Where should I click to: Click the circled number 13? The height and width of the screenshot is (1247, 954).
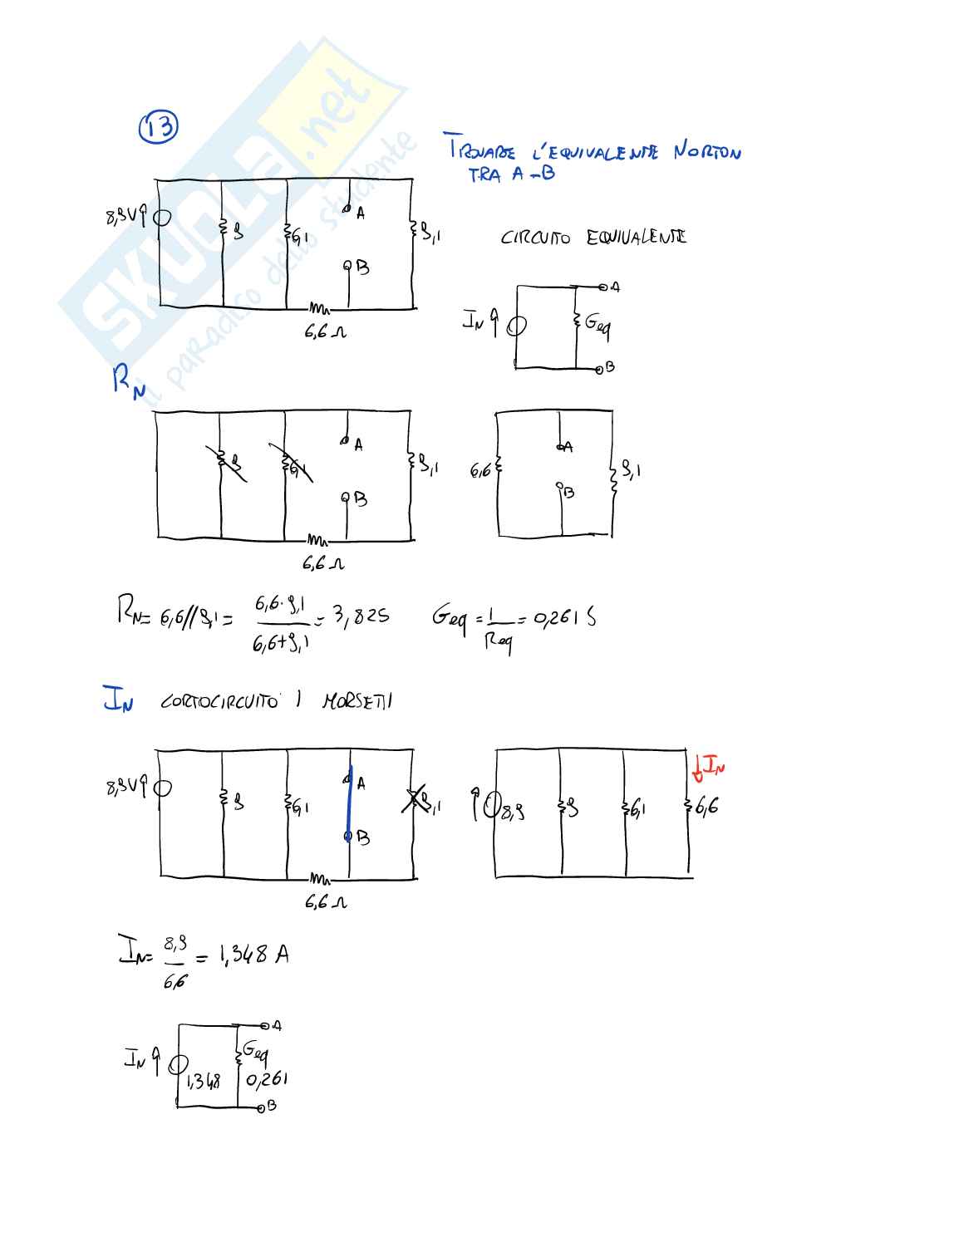[x=157, y=127]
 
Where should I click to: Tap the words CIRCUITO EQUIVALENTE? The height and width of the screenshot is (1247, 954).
[x=593, y=238]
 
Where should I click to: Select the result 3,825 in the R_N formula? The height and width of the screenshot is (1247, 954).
[x=361, y=616]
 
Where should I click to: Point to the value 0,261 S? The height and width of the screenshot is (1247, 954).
[x=564, y=617]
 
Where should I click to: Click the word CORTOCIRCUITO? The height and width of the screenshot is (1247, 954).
[x=219, y=701]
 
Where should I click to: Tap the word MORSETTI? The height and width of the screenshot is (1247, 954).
[x=357, y=701]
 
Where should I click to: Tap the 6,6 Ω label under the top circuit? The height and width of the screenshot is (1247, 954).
[x=325, y=332]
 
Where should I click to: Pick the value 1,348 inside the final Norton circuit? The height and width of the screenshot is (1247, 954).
[x=204, y=1081]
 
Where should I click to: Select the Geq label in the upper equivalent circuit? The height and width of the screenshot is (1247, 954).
[x=597, y=323]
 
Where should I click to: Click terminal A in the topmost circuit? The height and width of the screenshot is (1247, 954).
[x=349, y=211]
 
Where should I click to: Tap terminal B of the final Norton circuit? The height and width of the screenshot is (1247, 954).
[x=264, y=1107]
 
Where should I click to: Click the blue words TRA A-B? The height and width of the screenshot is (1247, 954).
[x=510, y=174]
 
